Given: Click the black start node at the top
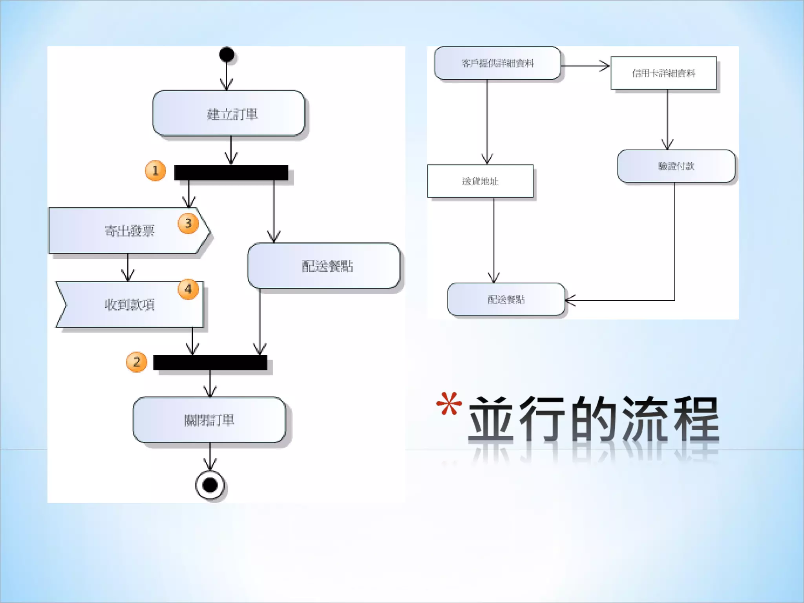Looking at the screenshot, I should tap(227, 55).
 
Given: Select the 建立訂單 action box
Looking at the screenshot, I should tap(229, 113).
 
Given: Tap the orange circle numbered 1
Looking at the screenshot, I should tap(155, 171).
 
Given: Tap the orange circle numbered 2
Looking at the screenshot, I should tap(137, 362).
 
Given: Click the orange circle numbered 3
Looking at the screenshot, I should tap(188, 223).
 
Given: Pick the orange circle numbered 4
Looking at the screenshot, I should tap(188, 289).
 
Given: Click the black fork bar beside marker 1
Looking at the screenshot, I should tap(231, 173).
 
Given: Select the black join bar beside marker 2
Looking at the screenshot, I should tap(210, 362).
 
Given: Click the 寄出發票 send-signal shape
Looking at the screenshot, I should tap(126, 231).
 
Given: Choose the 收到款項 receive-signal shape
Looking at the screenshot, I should tap(130, 305).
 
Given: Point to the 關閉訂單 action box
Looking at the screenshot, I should tap(209, 420).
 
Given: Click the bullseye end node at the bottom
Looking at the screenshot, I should tap(210, 485).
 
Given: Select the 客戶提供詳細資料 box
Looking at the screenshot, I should tap(497, 63).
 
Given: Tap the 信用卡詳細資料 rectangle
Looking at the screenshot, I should tap(663, 73).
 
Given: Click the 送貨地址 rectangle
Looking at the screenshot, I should tap(480, 181).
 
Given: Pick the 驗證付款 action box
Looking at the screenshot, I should tap(676, 166).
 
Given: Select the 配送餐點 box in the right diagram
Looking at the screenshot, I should tap(506, 300).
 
